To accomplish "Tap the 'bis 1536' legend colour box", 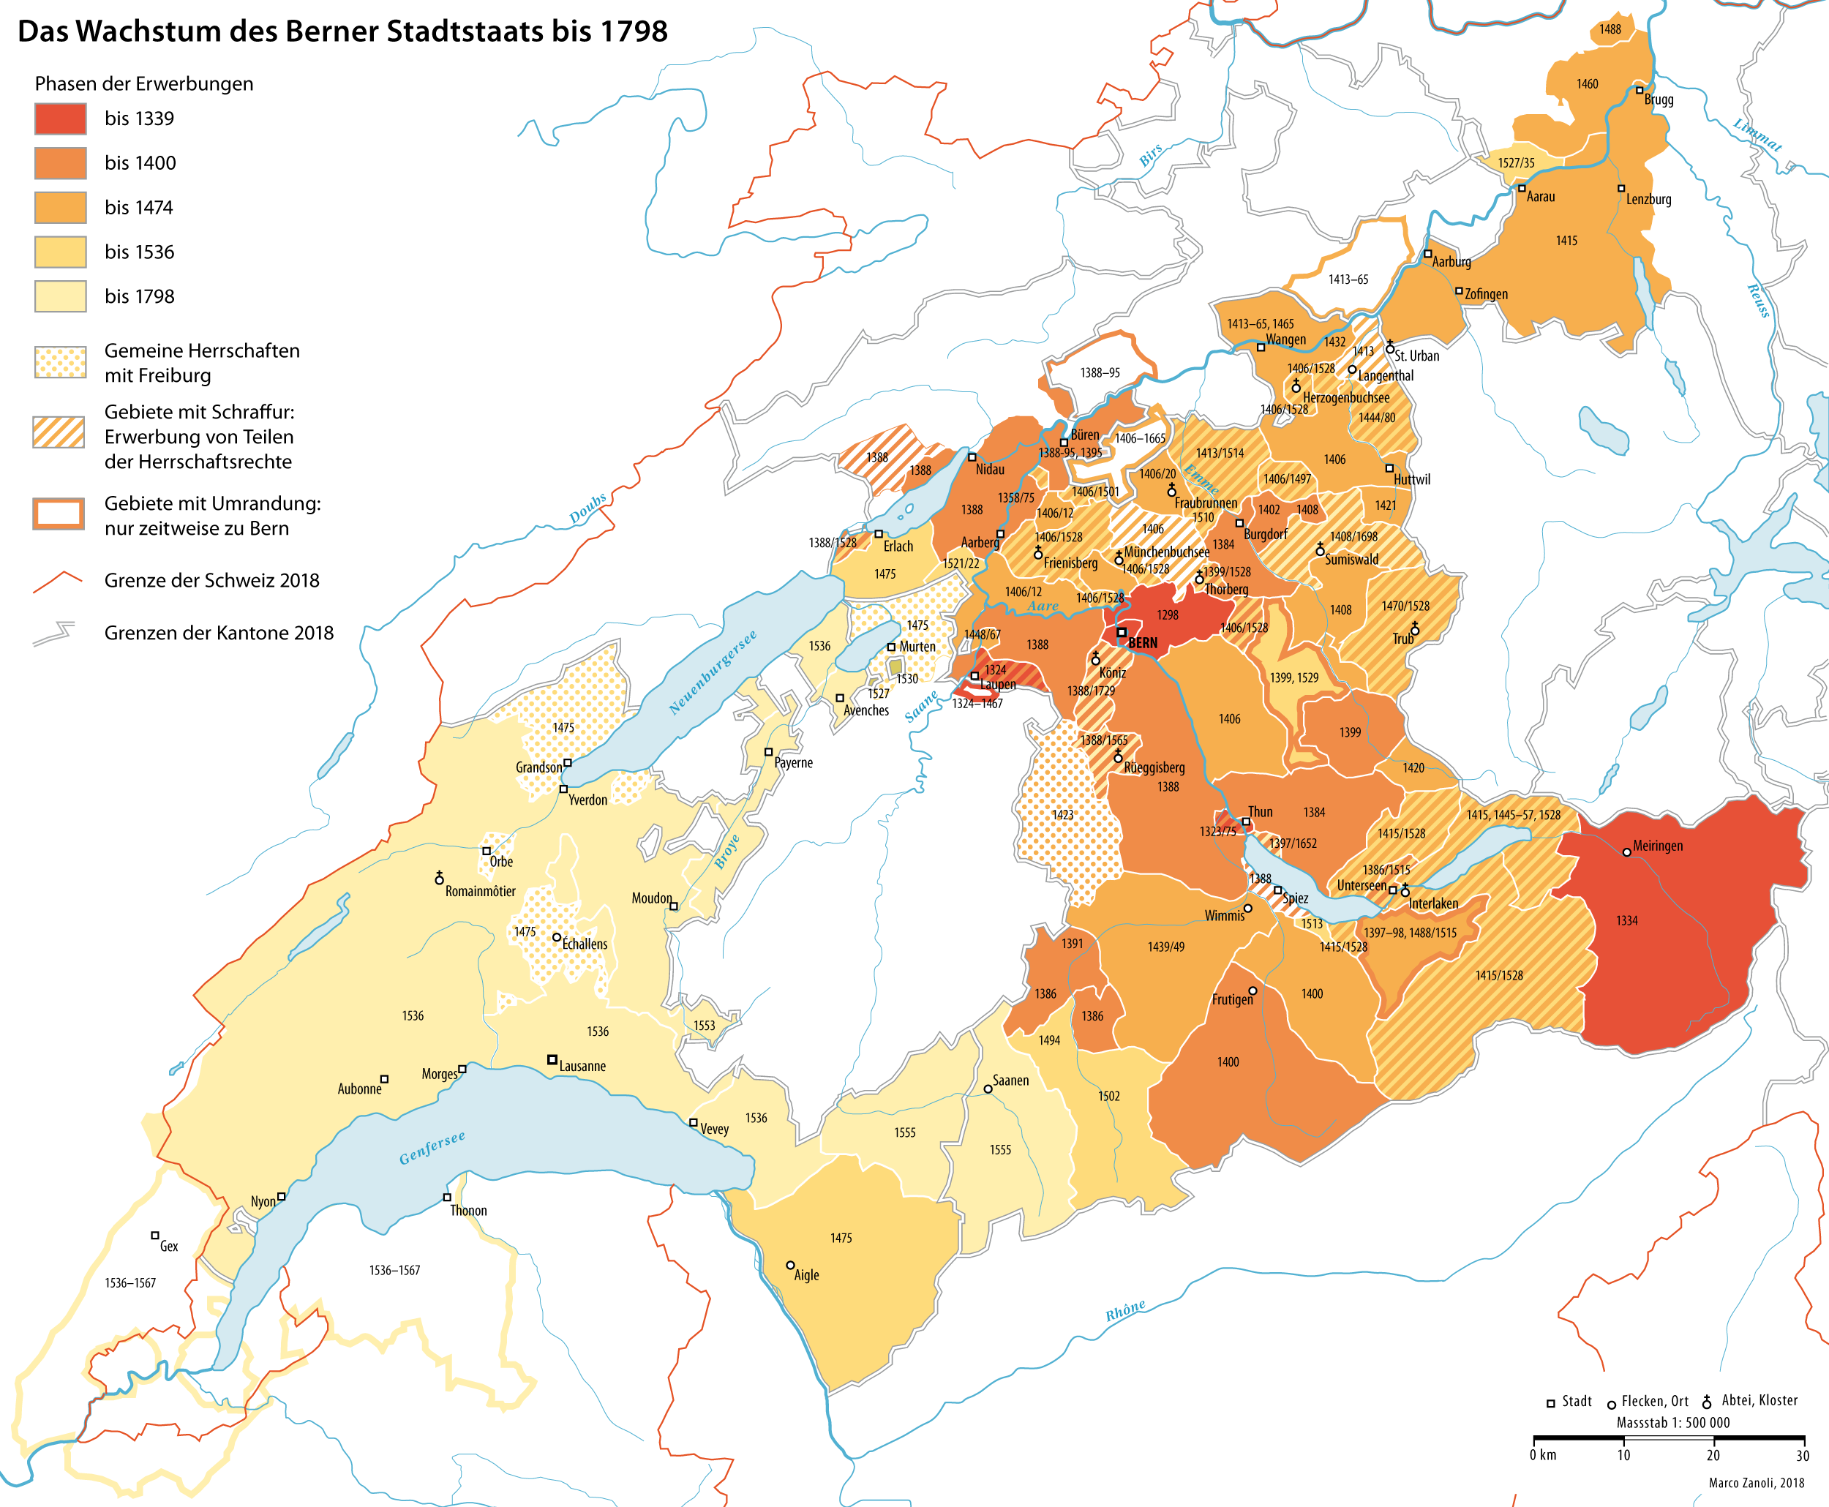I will pyautogui.click(x=60, y=252).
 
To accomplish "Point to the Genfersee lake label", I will pyautogui.click(x=432, y=1148).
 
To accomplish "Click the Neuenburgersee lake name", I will pyautogui.click(x=712, y=673).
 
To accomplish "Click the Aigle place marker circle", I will pyautogui.click(x=790, y=1266).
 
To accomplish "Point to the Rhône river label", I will pyautogui.click(x=1125, y=1311).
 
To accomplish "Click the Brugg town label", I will pyautogui.click(x=1658, y=99).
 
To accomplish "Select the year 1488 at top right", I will pyautogui.click(x=1610, y=29).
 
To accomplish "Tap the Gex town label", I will pyautogui.click(x=168, y=1247).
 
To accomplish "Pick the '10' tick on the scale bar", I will pyautogui.click(x=1623, y=1456).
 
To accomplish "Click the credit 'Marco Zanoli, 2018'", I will pyautogui.click(x=1756, y=1483).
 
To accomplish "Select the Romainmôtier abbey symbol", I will pyautogui.click(x=439, y=878).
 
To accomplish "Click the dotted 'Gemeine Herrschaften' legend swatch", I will pyautogui.click(x=60, y=362).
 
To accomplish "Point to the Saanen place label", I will pyautogui.click(x=1010, y=1081).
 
